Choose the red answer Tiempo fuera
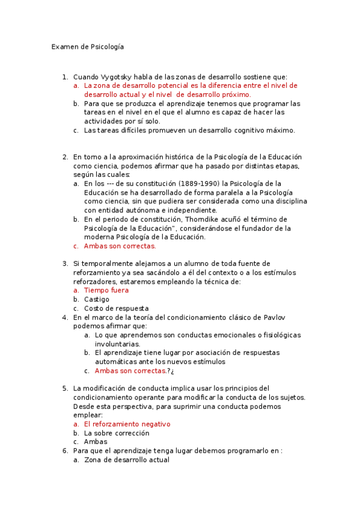pyautogui.click(x=106, y=290)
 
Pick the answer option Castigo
pyautogui.click(x=97, y=299)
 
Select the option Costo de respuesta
pyautogui.click(x=116, y=308)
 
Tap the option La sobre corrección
pyautogui.click(x=117, y=433)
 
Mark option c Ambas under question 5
pyautogui.click(x=96, y=442)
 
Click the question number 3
pyautogui.click(x=65, y=263)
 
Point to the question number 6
pyautogui.click(x=65, y=451)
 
